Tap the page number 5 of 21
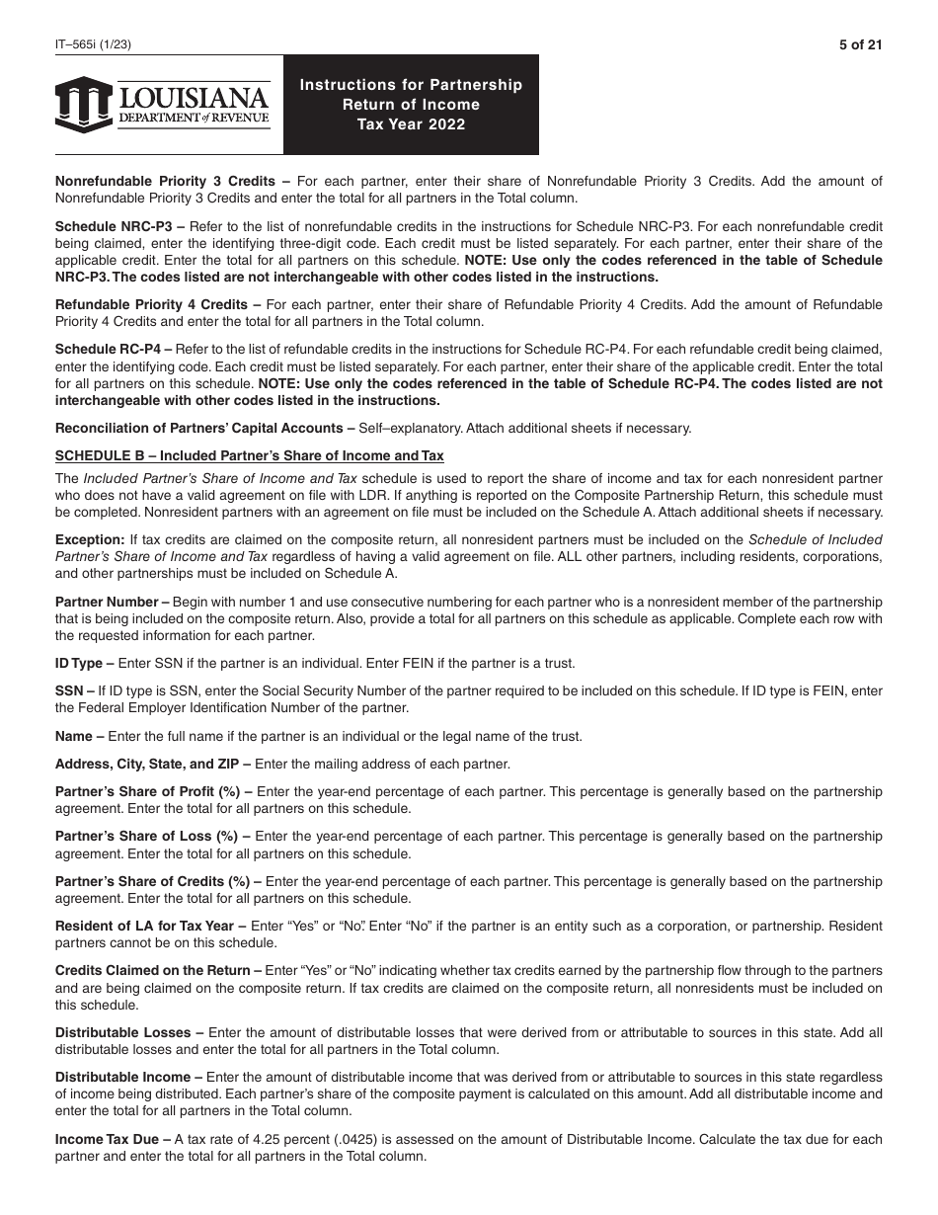pos(861,44)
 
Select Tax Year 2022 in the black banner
pos(411,124)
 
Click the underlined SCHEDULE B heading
pos(249,455)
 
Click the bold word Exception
pos(89,539)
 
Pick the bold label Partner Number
pos(106,602)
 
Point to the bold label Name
pos(75,735)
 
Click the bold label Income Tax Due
pos(112,1139)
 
